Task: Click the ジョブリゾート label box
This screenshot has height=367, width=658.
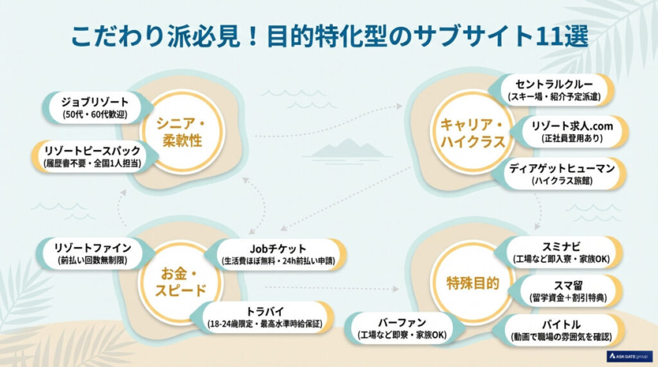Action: click(96, 108)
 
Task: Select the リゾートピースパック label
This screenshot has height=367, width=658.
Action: click(93, 156)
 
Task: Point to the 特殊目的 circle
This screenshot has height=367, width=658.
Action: click(472, 282)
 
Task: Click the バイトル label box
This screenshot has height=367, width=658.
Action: click(562, 330)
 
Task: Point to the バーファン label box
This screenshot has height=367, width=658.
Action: click(401, 328)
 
